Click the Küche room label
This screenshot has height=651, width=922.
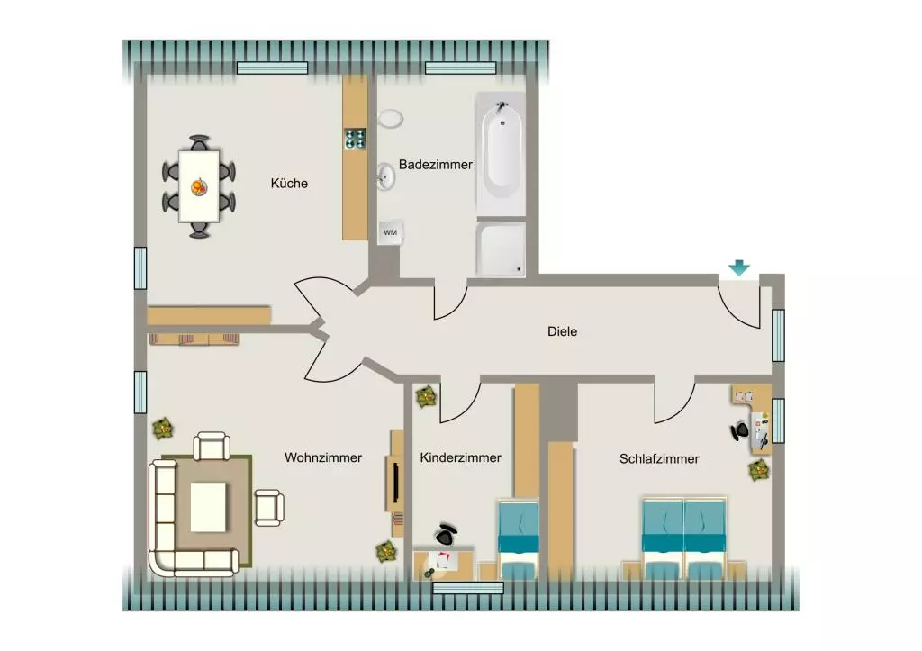tap(289, 183)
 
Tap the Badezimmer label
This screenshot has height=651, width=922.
tap(435, 165)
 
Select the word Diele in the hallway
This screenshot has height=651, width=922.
tap(562, 331)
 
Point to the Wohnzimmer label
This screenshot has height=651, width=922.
tap(323, 457)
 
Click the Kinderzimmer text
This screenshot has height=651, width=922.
tap(460, 457)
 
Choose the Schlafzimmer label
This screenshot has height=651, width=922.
tap(658, 458)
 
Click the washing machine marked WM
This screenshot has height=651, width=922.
tap(390, 232)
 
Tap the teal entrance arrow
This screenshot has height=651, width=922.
tap(739, 268)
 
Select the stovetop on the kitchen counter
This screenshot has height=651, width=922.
tap(355, 139)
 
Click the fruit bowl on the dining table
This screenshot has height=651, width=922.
tap(199, 187)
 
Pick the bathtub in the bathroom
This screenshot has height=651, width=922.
tap(501, 153)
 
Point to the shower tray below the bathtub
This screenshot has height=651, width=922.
tap(501, 249)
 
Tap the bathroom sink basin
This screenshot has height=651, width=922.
tap(385, 176)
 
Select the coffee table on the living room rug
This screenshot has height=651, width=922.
tap(208, 507)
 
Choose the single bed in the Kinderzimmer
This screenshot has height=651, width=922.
tap(518, 540)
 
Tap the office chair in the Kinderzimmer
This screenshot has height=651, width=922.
tap(447, 534)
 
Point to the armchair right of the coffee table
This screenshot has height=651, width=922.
tap(269, 508)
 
